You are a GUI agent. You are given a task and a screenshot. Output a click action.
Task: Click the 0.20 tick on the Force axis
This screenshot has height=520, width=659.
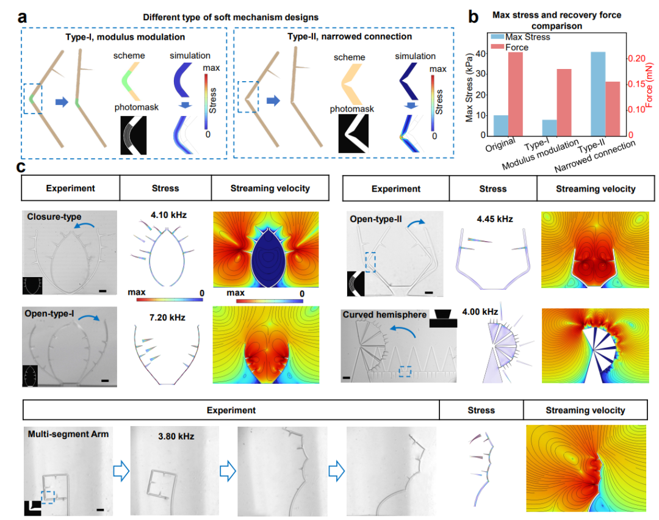coord(636,59)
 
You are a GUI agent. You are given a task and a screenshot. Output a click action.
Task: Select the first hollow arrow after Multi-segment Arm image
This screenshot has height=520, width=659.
coord(122,471)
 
